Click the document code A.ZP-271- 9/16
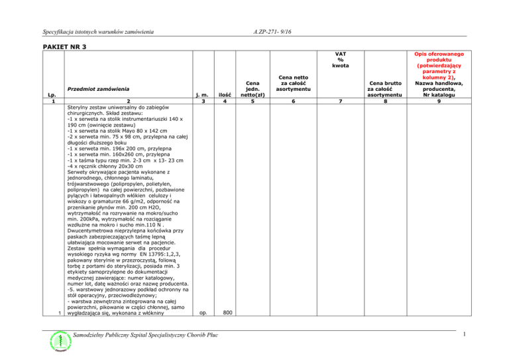(x=274, y=31)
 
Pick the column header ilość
(x=226, y=95)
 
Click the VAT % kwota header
(x=341, y=60)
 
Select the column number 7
(x=341, y=101)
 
